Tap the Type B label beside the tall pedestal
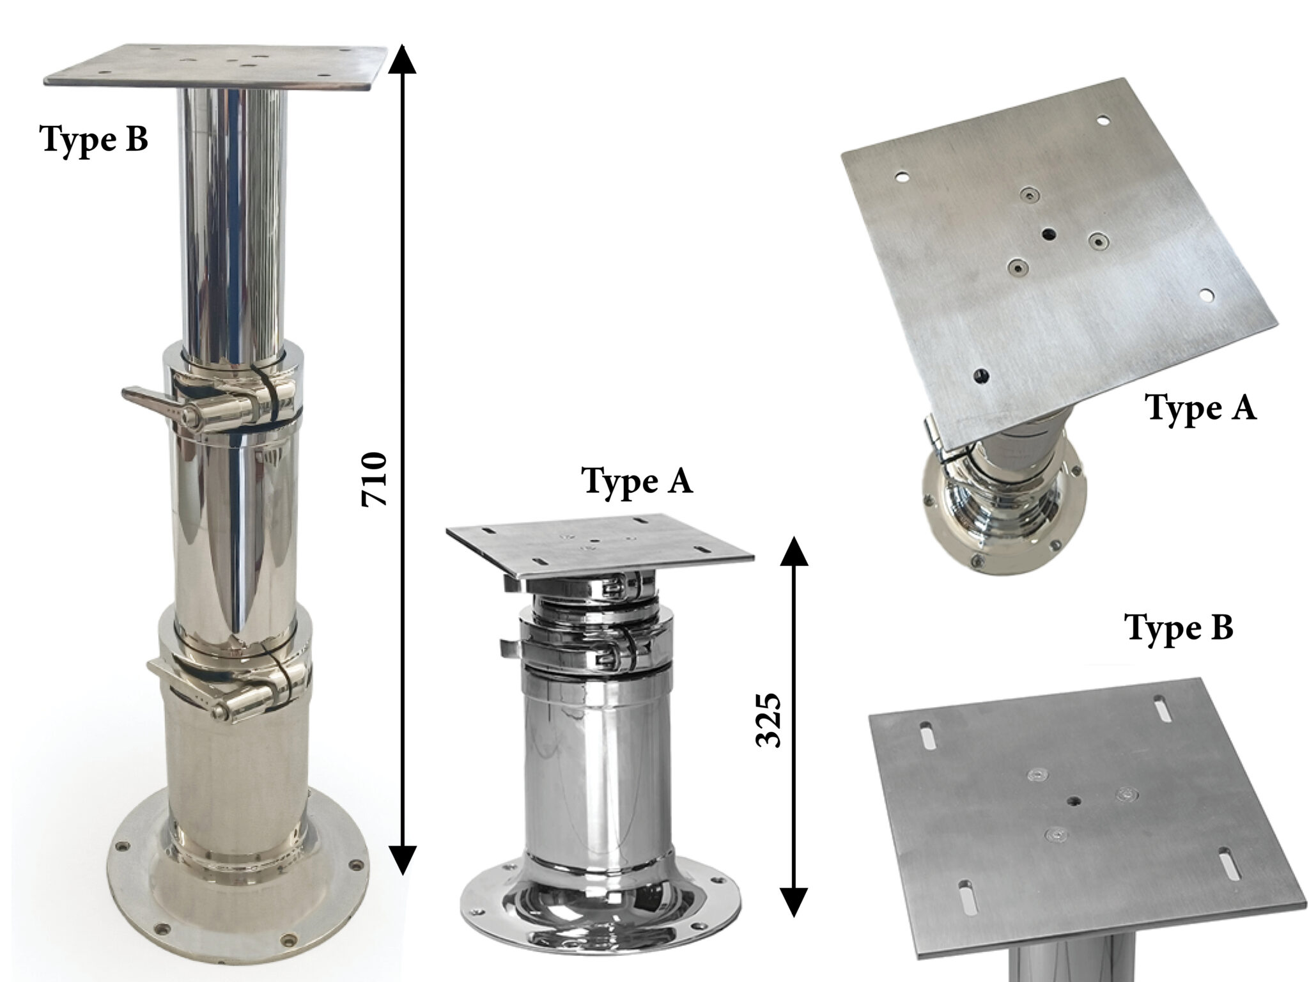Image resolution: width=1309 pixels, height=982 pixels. pyautogui.click(x=95, y=139)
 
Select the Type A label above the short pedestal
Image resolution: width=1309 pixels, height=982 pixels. pyautogui.click(x=637, y=481)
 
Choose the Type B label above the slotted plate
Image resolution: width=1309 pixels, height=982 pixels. pyautogui.click(x=1179, y=628)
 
